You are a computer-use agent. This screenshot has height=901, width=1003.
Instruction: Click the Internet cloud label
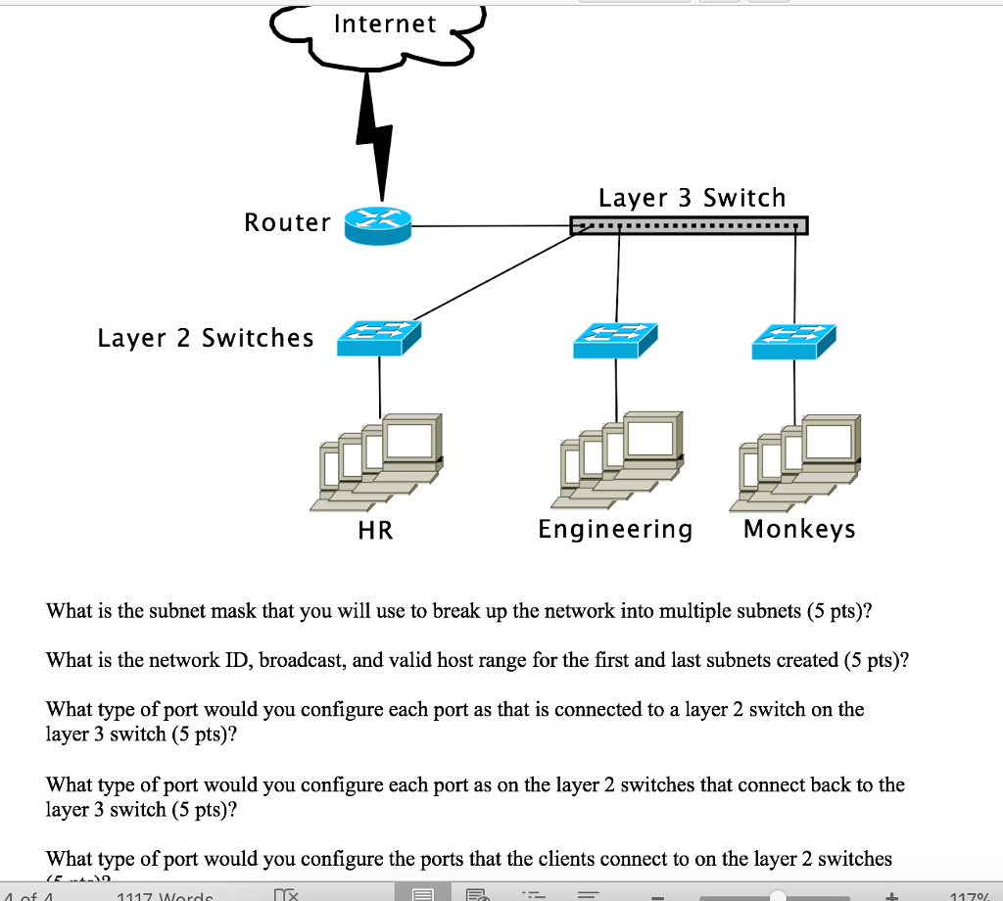385,24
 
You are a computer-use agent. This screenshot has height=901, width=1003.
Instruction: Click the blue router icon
378,224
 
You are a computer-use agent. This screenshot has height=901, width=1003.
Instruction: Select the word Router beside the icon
287,223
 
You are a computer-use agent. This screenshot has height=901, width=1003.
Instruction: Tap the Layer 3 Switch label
692,198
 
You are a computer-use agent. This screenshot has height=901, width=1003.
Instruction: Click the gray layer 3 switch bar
690,226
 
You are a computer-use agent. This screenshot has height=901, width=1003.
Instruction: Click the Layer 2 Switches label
206,338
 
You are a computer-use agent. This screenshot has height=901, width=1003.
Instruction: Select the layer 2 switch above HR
378,339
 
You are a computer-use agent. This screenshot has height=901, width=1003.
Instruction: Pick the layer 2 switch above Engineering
616,339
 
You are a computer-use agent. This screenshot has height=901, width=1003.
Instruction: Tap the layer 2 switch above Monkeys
794,339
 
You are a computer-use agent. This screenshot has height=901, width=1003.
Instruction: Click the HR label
375,531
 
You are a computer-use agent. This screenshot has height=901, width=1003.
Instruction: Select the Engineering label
615,530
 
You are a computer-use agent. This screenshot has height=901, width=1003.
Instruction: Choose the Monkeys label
799,530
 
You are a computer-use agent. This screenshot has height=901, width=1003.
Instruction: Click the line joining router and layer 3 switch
490,226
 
